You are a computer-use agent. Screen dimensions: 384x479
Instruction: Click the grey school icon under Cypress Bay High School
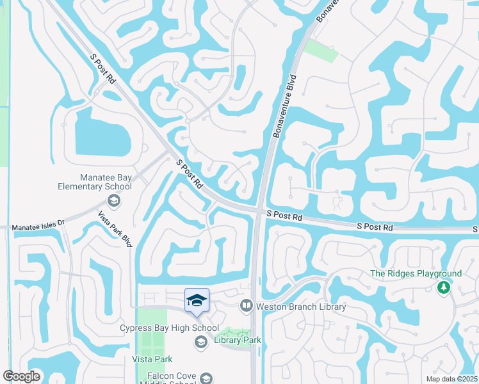tap(200, 343)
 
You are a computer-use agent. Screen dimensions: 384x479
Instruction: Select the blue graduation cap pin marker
tap(197, 300)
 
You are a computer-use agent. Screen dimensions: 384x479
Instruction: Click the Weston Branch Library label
tap(301, 307)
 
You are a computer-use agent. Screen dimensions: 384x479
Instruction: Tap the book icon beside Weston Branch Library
tap(246, 307)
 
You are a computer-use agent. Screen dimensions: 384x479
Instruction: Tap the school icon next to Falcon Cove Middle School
tap(206, 377)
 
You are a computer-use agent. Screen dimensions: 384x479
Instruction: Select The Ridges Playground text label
tap(416, 273)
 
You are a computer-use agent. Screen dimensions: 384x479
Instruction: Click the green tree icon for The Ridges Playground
tap(442, 288)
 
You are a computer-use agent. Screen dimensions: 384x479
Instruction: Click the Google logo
tap(21, 376)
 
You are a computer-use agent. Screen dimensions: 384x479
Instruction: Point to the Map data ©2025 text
tap(451, 379)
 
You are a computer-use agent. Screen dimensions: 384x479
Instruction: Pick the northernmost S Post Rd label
tap(102, 69)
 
